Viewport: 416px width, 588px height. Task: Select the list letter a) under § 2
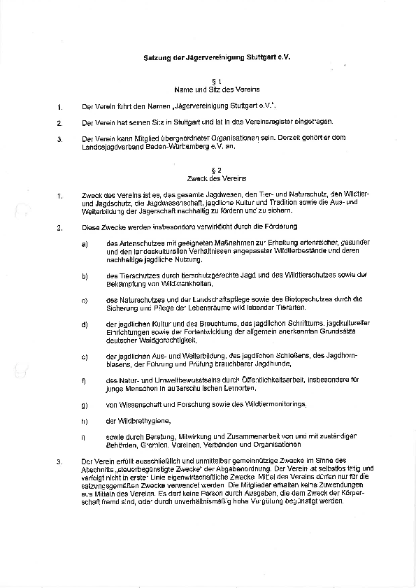coord(85,243)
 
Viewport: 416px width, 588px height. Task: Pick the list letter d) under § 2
coord(85,324)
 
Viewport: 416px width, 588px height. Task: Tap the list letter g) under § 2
coord(85,405)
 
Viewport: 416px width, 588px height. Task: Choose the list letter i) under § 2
coord(84,437)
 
